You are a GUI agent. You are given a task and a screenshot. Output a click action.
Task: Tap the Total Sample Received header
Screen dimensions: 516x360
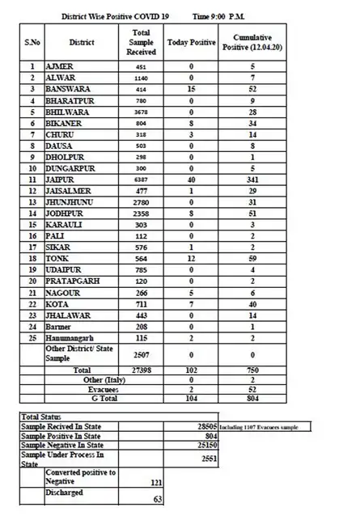coord(141,41)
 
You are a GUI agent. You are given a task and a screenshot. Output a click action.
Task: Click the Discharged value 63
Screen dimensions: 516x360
coord(158,499)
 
